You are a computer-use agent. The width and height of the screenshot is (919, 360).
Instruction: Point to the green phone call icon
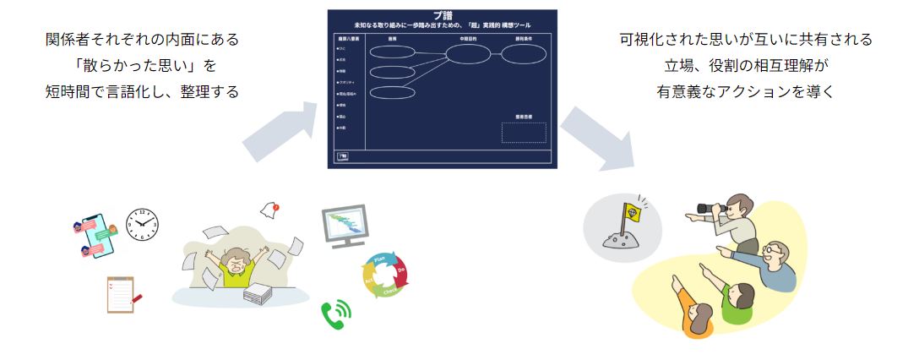coord(335,314)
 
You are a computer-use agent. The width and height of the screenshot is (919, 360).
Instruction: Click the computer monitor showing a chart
coord(345,226)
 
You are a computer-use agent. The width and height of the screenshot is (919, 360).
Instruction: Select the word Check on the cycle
coord(390,292)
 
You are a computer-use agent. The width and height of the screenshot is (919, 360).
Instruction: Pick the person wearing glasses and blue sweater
coord(773,262)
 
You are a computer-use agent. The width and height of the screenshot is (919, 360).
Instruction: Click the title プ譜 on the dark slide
coord(443,16)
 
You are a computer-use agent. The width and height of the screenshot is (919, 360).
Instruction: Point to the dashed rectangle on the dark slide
coord(524,133)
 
